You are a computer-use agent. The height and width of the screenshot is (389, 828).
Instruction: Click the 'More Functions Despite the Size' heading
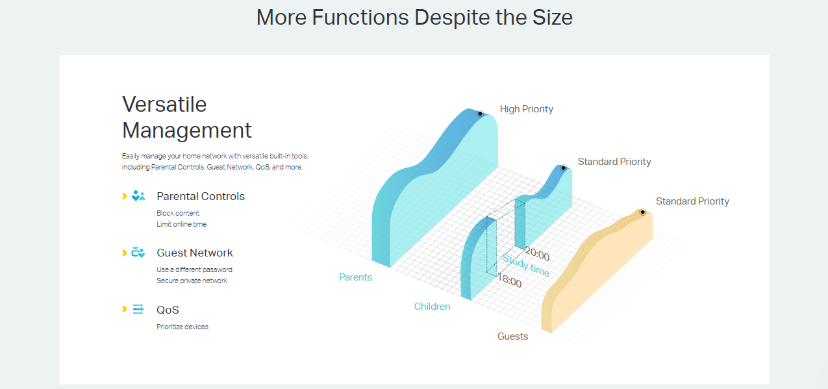(414, 17)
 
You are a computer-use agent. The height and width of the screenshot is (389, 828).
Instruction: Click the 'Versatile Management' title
(187, 117)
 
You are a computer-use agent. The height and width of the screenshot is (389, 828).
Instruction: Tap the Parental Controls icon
(138, 196)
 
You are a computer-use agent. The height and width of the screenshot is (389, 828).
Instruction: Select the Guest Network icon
(138, 253)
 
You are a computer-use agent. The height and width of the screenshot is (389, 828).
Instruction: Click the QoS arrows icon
(138, 309)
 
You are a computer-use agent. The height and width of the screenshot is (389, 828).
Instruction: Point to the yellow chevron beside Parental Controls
(125, 196)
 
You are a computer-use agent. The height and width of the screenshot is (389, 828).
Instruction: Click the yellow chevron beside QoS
(125, 309)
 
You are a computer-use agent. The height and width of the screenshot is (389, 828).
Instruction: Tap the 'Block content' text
(178, 213)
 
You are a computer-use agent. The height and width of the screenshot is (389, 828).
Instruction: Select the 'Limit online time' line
(181, 224)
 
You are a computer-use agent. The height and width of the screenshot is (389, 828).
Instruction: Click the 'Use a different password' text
(194, 270)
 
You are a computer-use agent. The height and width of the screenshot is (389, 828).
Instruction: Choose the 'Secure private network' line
(192, 281)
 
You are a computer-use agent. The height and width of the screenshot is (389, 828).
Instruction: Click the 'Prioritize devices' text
(182, 327)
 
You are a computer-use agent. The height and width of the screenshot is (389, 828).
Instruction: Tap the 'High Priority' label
(527, 109)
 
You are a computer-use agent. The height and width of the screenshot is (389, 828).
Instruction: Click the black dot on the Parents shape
(480, 114)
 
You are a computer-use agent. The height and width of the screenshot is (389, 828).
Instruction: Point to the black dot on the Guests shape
(642, 212)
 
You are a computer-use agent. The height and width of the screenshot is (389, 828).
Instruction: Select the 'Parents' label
(355, 277)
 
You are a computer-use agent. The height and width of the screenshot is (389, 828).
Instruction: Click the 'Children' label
(432, 307)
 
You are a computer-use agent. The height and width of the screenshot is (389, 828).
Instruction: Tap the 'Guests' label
(512, 336)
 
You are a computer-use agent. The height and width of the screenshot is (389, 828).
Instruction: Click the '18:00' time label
(509, 282)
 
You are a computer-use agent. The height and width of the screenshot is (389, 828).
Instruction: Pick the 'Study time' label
(526, 266)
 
